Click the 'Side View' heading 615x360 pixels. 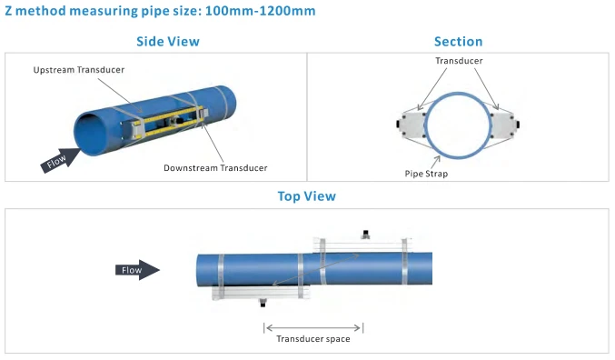(168, 41)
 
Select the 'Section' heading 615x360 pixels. (458, 41)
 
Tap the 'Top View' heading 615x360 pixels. (307, 195)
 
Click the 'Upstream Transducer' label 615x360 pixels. (78, 70)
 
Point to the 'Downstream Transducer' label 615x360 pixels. (215, 168)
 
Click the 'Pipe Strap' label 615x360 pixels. (426, 174)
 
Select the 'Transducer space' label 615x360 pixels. (313, 339)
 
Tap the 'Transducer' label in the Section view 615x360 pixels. (459, 61)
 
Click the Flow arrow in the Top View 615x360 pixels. (137, 270)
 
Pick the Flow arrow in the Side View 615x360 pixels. (60, 159)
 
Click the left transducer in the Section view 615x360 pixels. (411, 125)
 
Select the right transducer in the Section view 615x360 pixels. (504, 125)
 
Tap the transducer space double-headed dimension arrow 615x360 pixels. (313, 328)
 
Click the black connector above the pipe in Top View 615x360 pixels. (366, 235)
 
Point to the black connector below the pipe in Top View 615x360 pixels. (263, 303)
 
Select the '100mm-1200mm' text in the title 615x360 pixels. (260, 11)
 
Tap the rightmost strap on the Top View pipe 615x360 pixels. (404, 261)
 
